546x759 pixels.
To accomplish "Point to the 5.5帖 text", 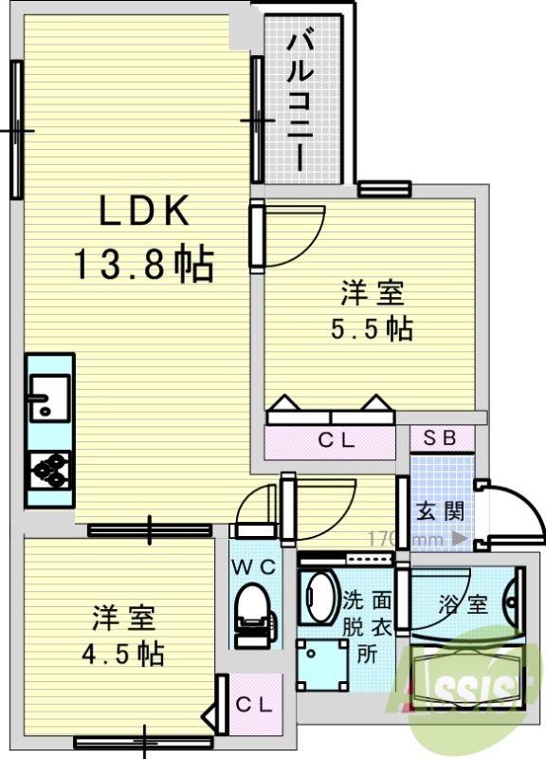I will point(371,328).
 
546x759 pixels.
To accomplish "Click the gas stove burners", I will point(49,469).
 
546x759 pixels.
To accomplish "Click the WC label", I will point(254,567).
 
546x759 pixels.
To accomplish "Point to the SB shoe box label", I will point(440,437).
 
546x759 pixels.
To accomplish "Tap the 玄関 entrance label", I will point(441,510).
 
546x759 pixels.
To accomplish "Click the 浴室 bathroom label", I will point(464,604).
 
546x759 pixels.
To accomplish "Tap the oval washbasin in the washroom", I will point(320,596).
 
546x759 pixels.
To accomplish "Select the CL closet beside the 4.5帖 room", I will point(254,704).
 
